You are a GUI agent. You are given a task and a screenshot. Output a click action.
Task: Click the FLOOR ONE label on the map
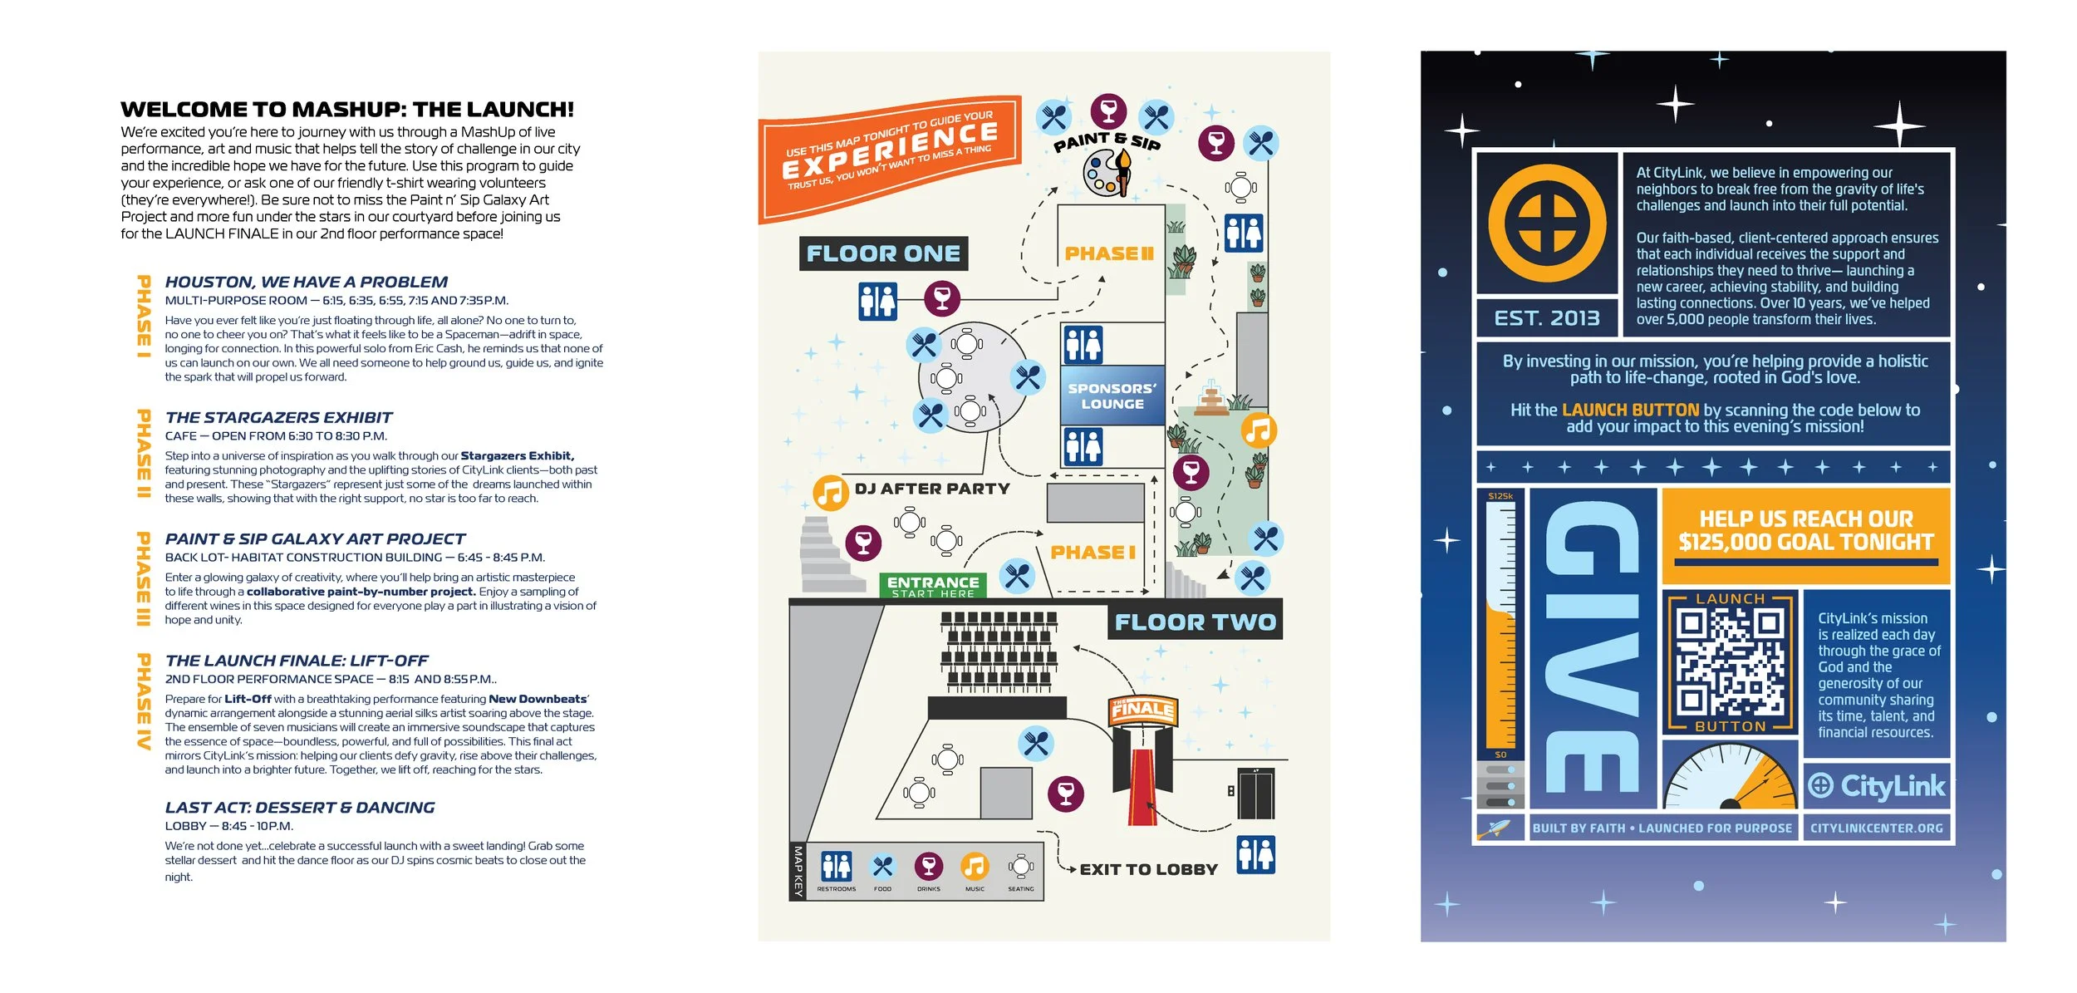pyautogui.click(x=883, y=253)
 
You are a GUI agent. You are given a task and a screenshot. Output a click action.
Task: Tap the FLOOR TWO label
pyautogui.click(x=1195, y=622)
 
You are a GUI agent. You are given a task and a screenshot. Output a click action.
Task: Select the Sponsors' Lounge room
pyautogui.click(x=1112, y=396)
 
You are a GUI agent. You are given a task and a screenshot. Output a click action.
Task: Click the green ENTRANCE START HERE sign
pyautogui.click(x=933, y=586)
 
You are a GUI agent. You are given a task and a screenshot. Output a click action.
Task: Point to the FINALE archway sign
pyautogui.click(x=1143, y=709)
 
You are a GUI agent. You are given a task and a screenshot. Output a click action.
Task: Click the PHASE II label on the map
pyautogui.click(x=1109, y=253)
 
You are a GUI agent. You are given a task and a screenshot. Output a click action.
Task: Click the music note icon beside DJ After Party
pyautogui.click(x=830, y=492)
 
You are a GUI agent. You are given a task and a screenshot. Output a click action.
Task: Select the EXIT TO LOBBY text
pyautogui.click(x=1148, y=869)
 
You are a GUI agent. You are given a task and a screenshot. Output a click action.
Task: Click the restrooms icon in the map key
pyautogui.click(x=836, y=866)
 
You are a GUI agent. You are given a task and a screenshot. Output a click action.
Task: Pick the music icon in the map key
pyautogui.click(x=975, y=866)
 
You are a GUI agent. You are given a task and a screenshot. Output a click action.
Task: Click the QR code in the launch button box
pyautogui.click(x=1730, y=662)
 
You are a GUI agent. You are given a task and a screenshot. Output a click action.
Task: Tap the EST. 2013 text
pyautogui.click(x=1546, y=318)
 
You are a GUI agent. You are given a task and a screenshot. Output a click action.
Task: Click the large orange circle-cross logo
pyautogui.click(x=1546, y=223)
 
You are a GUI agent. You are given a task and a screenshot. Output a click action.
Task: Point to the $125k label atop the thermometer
pyautogui.click(x=1500, y=496)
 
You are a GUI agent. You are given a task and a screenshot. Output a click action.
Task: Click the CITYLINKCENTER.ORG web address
pyautogui.click(x=1876, y=828)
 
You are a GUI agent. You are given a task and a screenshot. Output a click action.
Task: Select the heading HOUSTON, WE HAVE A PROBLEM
pyautogui.click(x=306, y=282)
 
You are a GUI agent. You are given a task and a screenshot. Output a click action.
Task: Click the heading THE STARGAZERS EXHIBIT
pyautogui.click(x=278, y=417)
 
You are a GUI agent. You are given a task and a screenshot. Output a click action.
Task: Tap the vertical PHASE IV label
pyautogui.click(x=144, y=702)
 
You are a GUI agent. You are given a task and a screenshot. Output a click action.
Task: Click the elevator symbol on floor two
pyautogui.click(x=1255, y=794)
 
